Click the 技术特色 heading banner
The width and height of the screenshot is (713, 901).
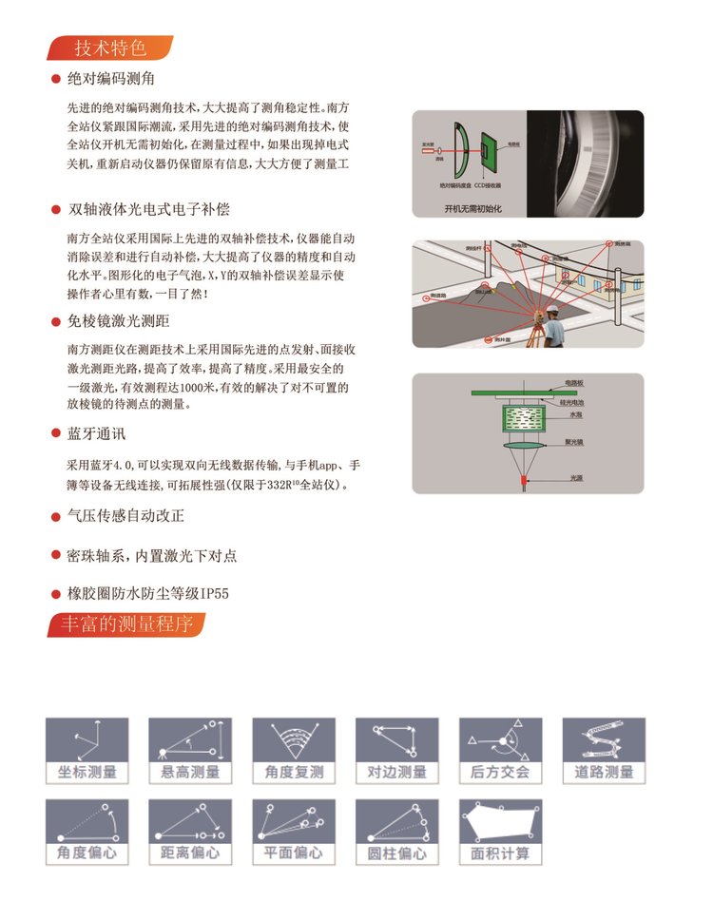click(x=109, y=48)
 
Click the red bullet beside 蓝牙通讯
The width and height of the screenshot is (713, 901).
click(x=56, y=434)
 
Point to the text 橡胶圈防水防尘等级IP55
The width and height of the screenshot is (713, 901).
click(x=147, y=594)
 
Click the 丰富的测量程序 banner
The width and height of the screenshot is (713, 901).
click(x=124, y=624)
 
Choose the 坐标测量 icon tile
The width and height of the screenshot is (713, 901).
click(x=87, y=751)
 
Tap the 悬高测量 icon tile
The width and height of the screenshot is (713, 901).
click(x=191, y=751)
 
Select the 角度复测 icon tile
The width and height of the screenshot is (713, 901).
click(x=294, y=751)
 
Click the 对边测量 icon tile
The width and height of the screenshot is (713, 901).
click(x=397, y=751)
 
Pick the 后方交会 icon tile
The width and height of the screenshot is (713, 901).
click(x=500, y=751)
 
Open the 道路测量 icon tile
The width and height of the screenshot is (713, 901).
click(x=604, y=751)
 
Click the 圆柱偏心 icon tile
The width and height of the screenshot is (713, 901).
click(x=397, y=832)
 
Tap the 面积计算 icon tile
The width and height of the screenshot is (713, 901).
click(x=500, y=832)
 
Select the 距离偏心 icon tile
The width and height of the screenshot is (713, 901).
click(x=191, y=832)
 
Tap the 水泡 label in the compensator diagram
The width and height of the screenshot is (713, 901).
click(x=576, y=415)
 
